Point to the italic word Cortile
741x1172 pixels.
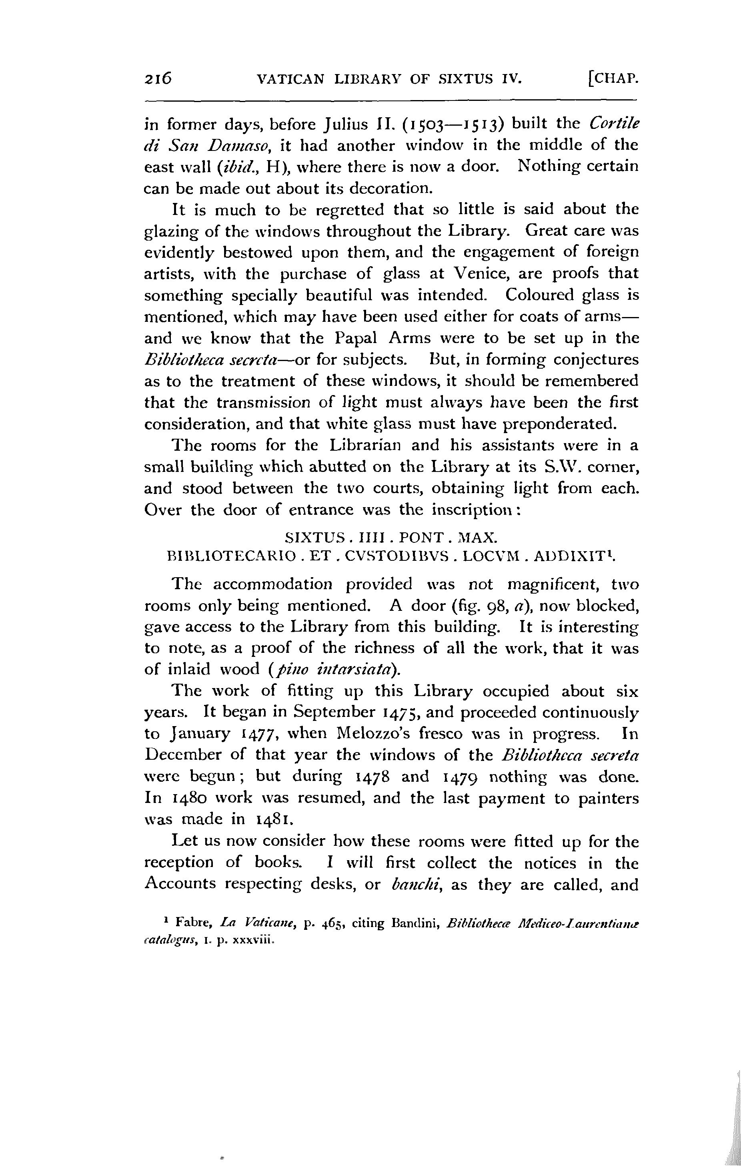[x=614, y=124]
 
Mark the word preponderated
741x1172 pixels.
[x=559, y=424]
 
